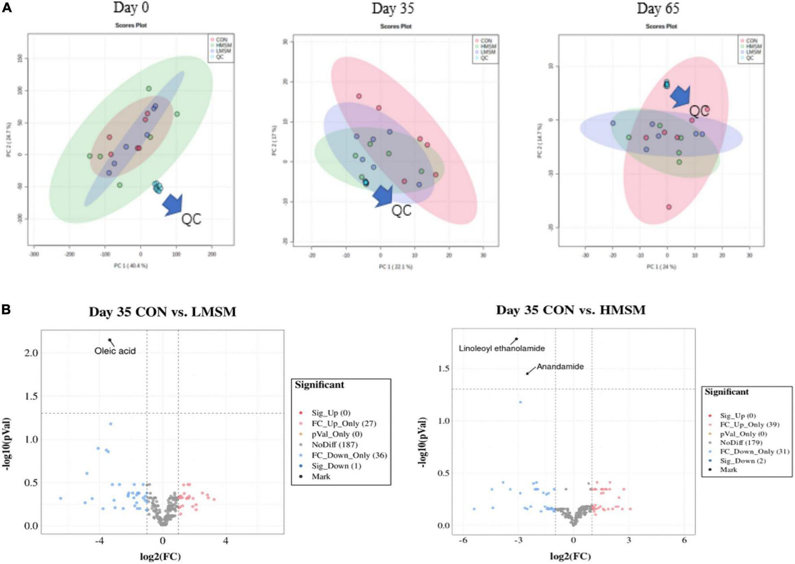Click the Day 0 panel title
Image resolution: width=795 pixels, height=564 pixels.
tap(131, 8)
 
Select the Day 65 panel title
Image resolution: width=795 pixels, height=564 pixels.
tap(658, 8)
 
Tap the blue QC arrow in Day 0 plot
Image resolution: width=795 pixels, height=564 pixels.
tap(173, 204)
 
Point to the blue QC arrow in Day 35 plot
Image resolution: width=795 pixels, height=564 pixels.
tap(383, 196)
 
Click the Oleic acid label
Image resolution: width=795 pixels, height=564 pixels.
tap(115, 351)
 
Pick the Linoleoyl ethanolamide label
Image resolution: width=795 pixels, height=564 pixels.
tap(502, 348)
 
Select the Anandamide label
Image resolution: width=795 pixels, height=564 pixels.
tap(560, 367)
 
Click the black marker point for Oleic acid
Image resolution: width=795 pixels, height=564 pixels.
tap(109, 340)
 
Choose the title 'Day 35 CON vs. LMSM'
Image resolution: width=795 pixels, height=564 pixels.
tap(162, 312)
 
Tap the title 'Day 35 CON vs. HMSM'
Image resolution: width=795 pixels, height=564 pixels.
tap(571, 310)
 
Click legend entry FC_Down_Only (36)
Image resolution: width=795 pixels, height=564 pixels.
tap(349, 456)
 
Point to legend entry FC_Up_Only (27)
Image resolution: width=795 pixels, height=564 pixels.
tap(344, 424)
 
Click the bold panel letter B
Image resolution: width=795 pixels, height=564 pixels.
tap(6, 310)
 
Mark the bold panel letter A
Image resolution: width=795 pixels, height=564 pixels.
tap(6, 8)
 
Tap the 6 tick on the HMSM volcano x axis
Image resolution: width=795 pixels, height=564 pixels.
tap(684, 541)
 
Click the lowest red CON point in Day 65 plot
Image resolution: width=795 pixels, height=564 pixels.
tap(668, 207)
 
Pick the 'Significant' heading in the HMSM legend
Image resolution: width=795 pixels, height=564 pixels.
tap(726, 392)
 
